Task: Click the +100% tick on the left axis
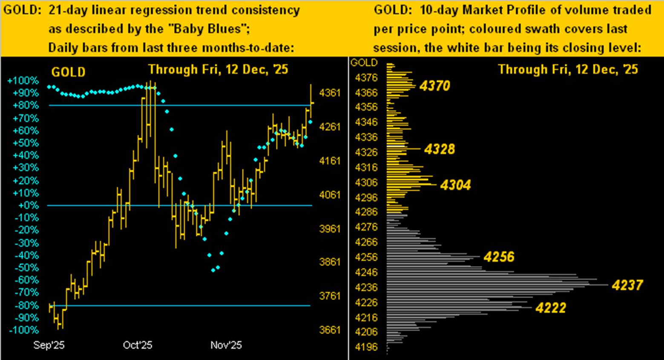[23, 81]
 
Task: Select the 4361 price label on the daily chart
[330, 92]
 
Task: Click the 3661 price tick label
[330, 330]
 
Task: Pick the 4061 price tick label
[330, 195]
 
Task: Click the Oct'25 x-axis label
[138, 345]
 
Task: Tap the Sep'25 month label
[49, 345]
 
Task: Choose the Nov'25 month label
[226, 345]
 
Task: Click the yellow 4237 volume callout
[627, 285]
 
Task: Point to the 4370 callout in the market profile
[434, 86]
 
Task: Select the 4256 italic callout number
[499, 257]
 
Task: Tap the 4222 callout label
[550, 308]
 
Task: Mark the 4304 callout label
[455, 185]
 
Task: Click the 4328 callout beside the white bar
[440, 149]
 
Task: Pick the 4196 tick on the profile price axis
[366, 347]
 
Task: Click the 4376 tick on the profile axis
[366, 78]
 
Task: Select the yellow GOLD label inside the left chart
[68, 72]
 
